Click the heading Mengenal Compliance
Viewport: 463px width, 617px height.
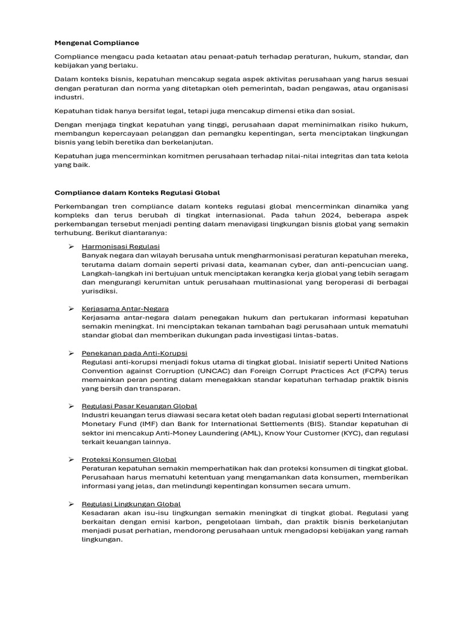click(96, 43)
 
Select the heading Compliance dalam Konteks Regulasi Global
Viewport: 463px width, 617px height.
click(137, 193)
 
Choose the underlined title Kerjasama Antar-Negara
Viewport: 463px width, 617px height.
click(125, 308)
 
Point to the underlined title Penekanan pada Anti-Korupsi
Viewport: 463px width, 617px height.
click(134, 353)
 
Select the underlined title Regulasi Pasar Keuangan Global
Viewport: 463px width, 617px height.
click(139, 406)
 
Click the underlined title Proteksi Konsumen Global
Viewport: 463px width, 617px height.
click(129, 460)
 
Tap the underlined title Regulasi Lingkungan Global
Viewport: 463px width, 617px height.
click(131, 504)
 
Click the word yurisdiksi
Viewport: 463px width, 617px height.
click(99, 291)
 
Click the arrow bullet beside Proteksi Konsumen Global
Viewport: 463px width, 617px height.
click(71, 460)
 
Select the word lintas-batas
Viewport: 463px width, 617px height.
click(318, 335)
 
